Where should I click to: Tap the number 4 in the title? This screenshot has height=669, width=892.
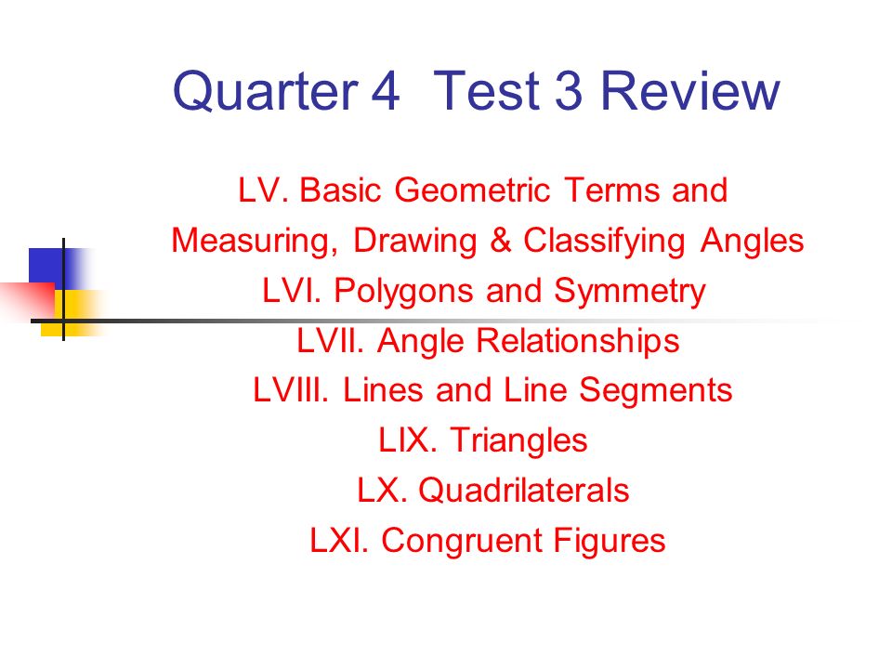[x=385, y=92]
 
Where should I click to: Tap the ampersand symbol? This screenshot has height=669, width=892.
[x=500, y=242]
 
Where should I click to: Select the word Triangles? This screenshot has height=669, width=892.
[x=518, y=440]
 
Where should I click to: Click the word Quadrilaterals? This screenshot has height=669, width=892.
[x=523, y=490]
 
